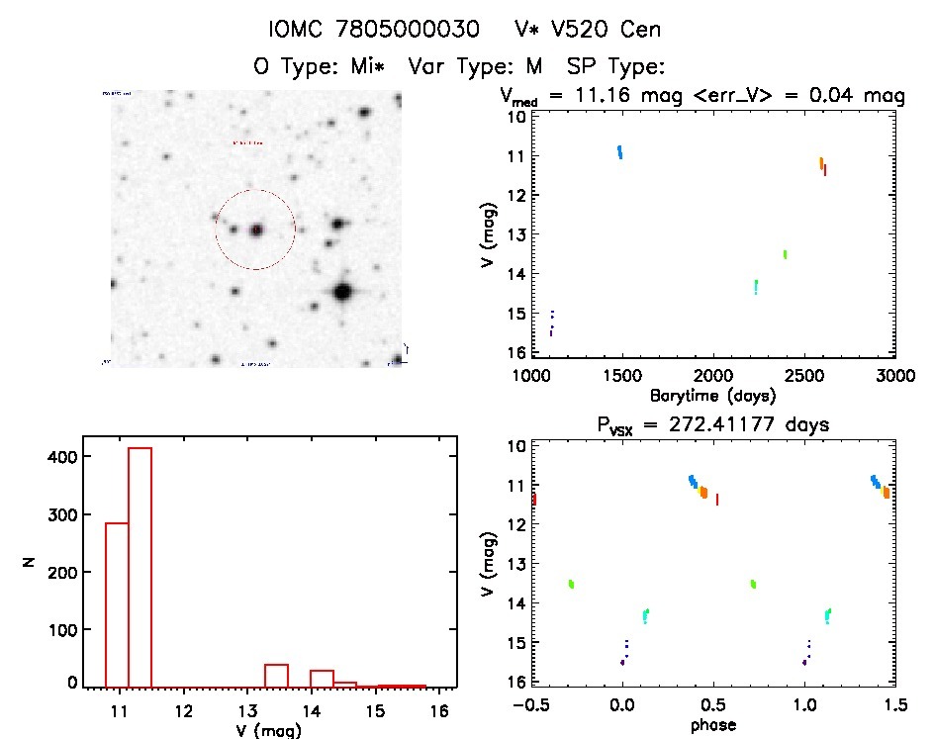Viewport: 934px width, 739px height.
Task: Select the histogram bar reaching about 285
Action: pyautogui.click(x=117, y=603)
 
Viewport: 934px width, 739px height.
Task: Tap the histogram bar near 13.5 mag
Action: pyautogui.click(x=276, y=675)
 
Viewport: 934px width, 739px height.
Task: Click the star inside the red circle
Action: pyautogui.click(x=256, y=230)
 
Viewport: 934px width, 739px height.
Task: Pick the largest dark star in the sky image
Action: pyautogui.click(x=343, y=292)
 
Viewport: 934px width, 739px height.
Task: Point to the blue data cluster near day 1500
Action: pyautogui.click(x=620, y=151)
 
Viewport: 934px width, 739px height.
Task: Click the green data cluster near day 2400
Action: pyautogui.click(x=785, y=254)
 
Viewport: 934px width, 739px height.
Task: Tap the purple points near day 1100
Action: pyautogui.click(x=551, y=323)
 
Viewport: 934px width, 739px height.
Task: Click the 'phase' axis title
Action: pyautogui.click(x=712, y=725)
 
